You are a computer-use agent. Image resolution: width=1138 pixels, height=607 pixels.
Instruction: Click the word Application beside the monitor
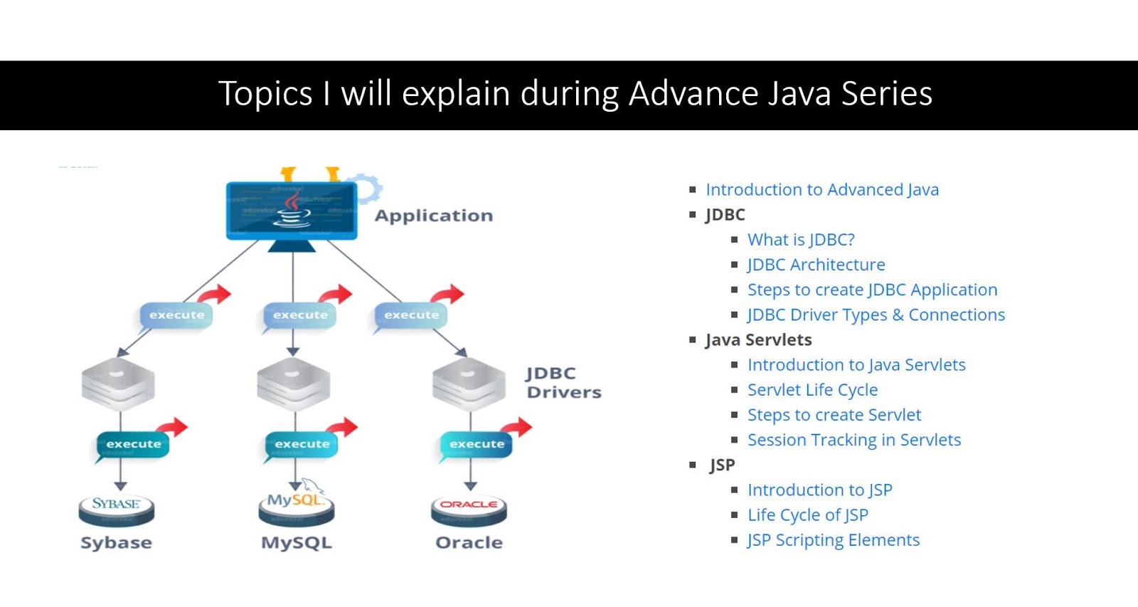tap(434, 216)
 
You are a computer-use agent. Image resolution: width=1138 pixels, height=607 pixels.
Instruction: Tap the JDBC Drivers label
tap(563, 383)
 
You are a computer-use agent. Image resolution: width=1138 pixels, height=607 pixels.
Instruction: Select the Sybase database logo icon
tap(116, 508)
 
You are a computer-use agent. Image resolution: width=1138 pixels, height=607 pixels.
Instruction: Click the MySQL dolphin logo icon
tap(297, 504)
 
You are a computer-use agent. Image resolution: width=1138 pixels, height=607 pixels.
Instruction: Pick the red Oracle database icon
tap(469, 508)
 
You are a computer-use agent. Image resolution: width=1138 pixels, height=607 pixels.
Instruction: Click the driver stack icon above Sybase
tap(118, 384)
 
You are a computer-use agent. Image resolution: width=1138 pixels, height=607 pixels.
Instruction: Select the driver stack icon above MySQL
tap(294, 384)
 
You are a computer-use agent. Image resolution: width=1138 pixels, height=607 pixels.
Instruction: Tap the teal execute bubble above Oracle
tap(476, 444)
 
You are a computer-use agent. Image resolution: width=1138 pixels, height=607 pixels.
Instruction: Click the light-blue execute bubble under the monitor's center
tap(300, 315)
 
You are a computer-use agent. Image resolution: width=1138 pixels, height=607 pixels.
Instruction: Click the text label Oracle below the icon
tap(469, 543)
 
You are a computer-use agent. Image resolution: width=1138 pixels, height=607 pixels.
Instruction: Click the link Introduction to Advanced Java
tap(822, 190)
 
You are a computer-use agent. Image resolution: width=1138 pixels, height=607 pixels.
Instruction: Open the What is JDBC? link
tap(801, 240)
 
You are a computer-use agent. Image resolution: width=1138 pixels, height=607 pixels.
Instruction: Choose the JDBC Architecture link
tap(816, 265)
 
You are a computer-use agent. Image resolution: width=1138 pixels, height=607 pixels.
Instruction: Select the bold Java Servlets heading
tap(758, 340)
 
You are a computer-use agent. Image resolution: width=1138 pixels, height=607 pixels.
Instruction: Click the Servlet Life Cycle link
tap(812, 390)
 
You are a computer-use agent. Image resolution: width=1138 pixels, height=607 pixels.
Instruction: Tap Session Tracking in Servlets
tap(854, 440)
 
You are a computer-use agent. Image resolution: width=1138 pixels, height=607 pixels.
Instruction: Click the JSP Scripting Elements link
tap(833, 540)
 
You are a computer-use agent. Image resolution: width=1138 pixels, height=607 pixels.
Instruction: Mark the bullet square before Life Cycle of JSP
tap(735, 515)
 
